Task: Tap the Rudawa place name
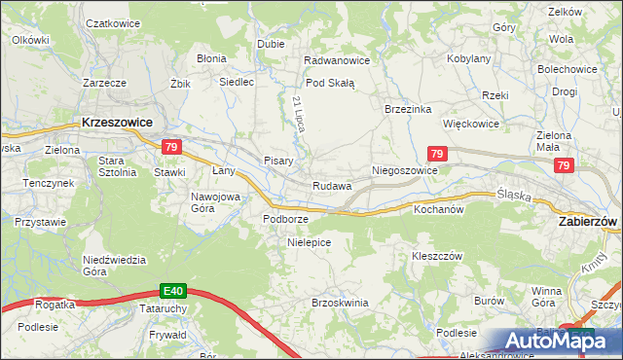331,186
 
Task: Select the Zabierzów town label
589,222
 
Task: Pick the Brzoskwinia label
339,303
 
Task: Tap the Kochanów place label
441,208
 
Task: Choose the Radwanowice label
337,60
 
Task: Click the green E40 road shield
173,291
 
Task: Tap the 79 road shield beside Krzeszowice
171,147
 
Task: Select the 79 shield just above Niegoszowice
437,154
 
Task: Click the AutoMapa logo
550,341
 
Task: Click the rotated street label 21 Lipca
298,115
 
